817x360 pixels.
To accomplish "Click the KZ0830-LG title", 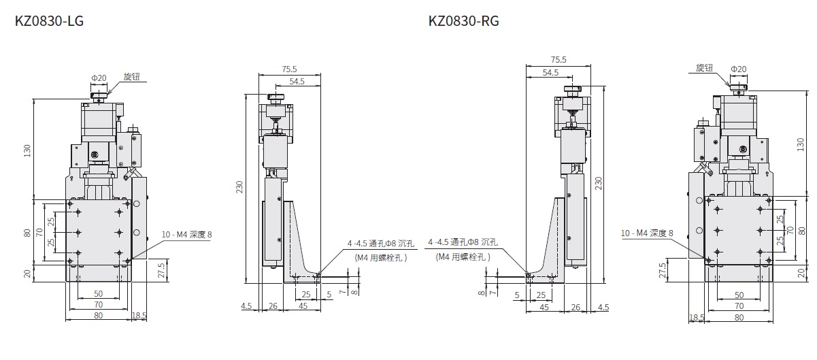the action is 49,21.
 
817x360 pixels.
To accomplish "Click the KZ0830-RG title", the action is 463,21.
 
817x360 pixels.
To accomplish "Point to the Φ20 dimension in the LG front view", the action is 99,78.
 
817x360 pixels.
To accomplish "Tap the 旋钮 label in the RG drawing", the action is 704,68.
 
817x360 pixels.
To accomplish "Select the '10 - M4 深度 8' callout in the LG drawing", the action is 187,235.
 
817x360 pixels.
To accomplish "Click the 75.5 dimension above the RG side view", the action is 558,59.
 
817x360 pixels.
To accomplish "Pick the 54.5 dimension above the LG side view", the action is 297,82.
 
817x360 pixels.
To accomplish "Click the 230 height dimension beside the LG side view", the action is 239,186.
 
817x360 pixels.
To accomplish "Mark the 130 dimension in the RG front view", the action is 800,144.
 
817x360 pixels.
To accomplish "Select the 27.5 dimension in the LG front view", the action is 162,270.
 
